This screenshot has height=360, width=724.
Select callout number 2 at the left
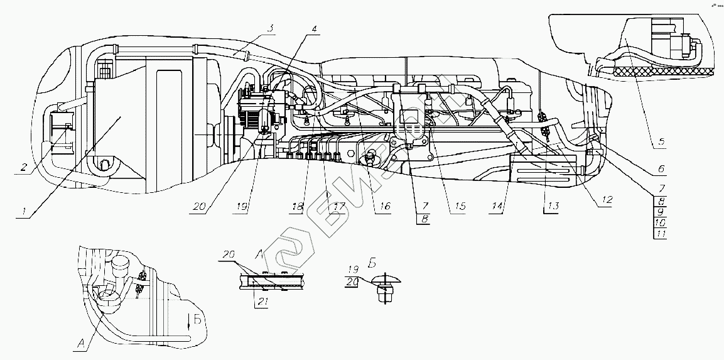click(x=24, y=167)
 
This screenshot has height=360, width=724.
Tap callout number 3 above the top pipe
click(x=269, y=29)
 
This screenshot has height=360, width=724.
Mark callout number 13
click(x=551, y=206)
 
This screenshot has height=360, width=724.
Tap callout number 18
click(x=298, y=206)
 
